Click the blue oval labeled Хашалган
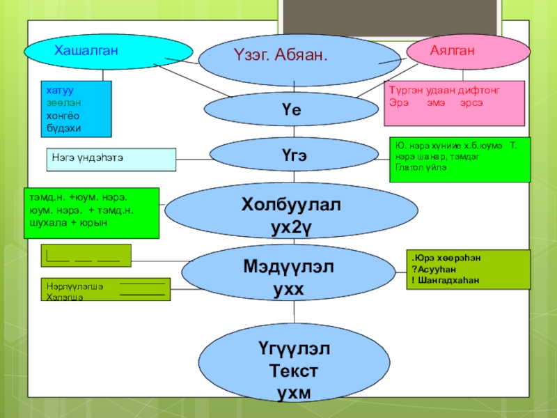coord(108,51)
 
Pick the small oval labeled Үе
coord(290,109)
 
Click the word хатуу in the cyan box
coord(60,91)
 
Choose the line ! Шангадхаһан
coord(445,279)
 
